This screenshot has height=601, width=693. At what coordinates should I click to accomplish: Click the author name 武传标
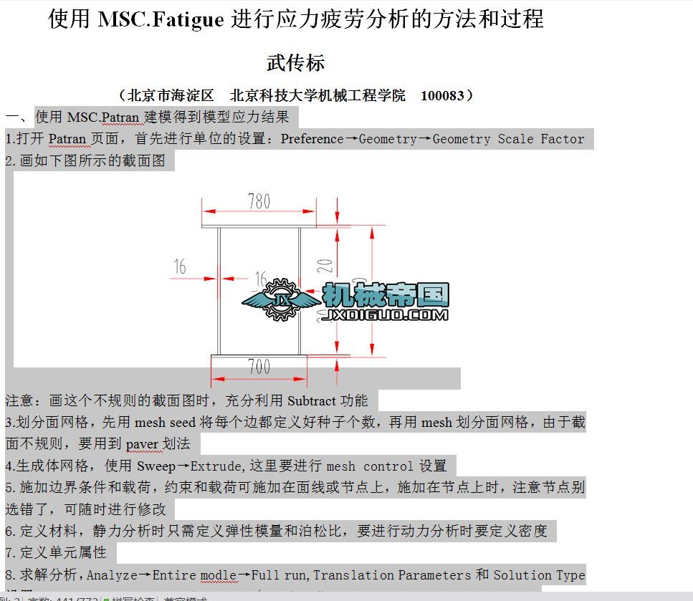click(295, 63)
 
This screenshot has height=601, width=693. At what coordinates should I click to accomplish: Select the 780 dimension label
click(259, 201)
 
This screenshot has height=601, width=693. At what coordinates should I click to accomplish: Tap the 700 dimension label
click(259, 367)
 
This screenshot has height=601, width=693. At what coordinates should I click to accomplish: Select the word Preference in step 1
click(312, 139)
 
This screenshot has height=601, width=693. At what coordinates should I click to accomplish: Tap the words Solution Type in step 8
click(539, 575)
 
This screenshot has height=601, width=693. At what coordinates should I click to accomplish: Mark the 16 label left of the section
click(179, 267)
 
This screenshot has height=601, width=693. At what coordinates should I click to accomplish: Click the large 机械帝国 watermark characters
click(386, 294)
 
